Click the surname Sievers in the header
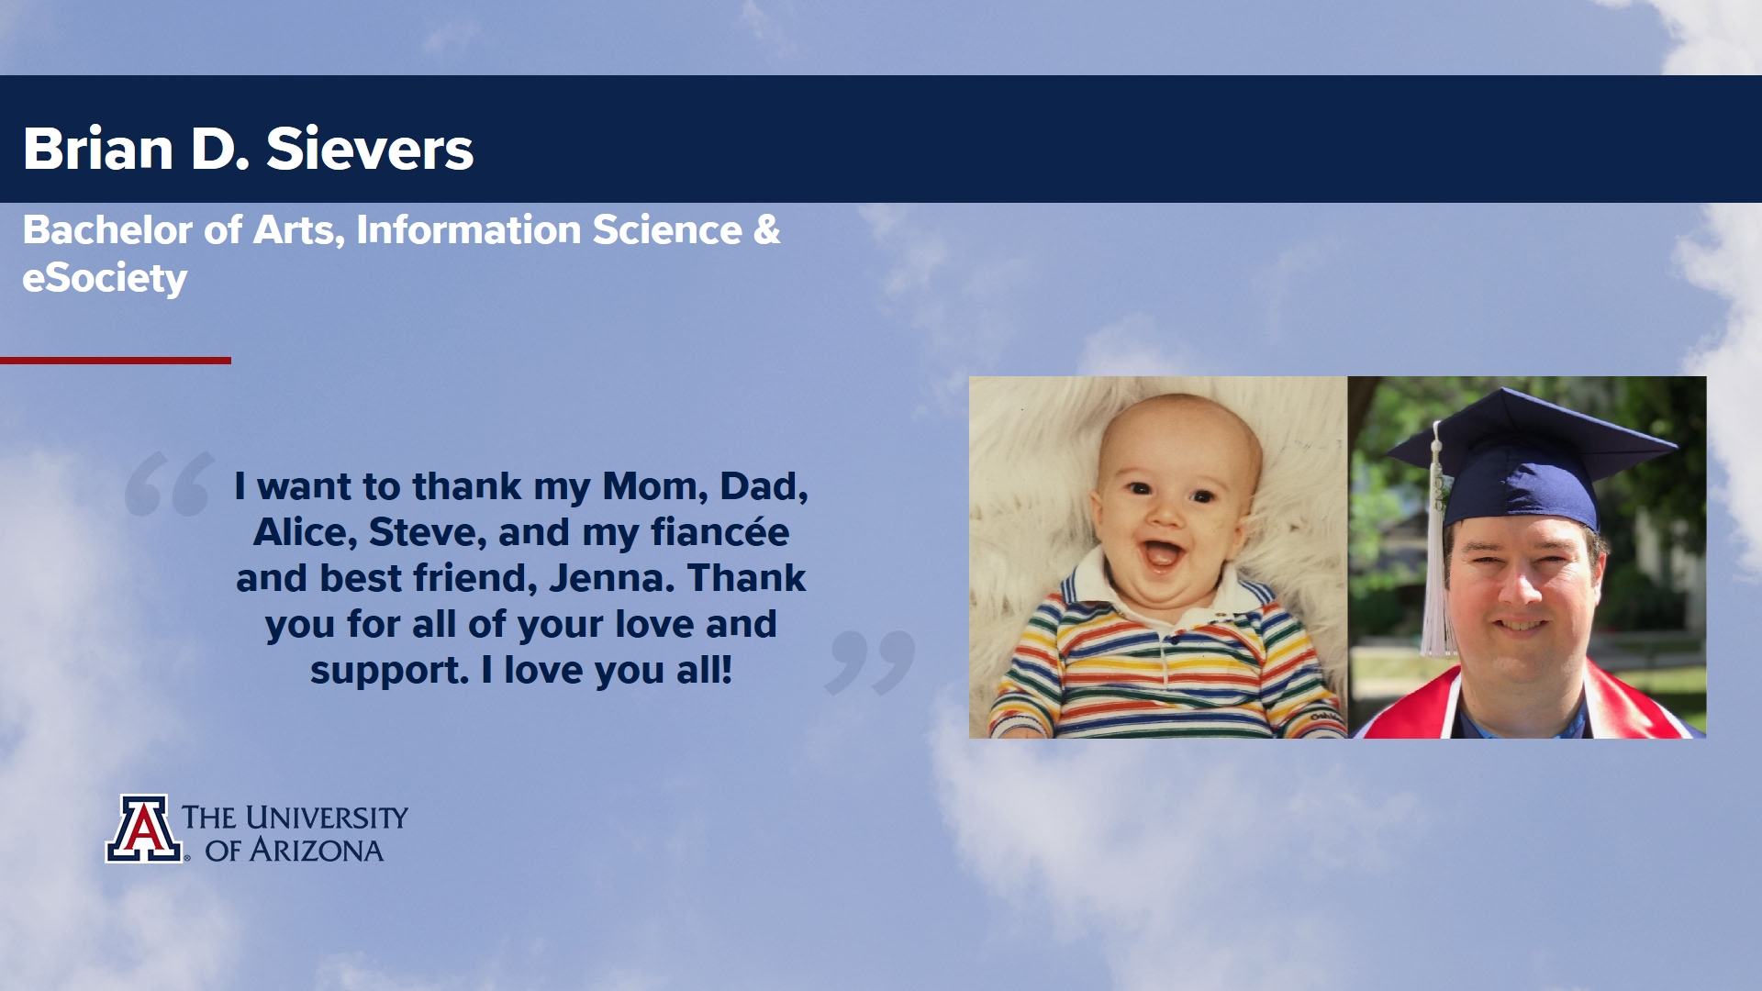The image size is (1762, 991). point(370,149)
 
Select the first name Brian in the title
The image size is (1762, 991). point(98,149)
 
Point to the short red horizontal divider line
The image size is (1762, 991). point(116,361)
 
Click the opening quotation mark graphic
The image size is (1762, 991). point(170,484)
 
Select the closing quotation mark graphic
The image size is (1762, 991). point(870,662)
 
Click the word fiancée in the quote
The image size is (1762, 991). point(719,532)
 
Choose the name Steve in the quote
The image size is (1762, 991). point(426,532)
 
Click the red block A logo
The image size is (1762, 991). point(144,829)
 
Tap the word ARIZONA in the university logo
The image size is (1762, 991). point(317,851)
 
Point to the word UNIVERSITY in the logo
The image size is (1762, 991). point(326,818)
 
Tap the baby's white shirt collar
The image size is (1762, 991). point(1165,596)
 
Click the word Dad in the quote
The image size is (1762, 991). point(764,486)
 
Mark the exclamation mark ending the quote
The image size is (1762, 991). point(727,669)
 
